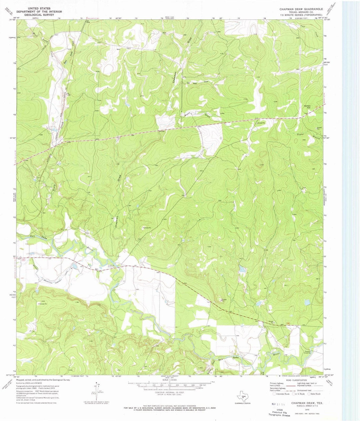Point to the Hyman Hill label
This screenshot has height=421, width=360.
307,107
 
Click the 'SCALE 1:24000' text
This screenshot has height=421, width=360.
170,379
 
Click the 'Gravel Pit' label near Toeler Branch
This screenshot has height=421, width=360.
319,128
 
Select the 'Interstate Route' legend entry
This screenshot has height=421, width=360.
282,393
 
